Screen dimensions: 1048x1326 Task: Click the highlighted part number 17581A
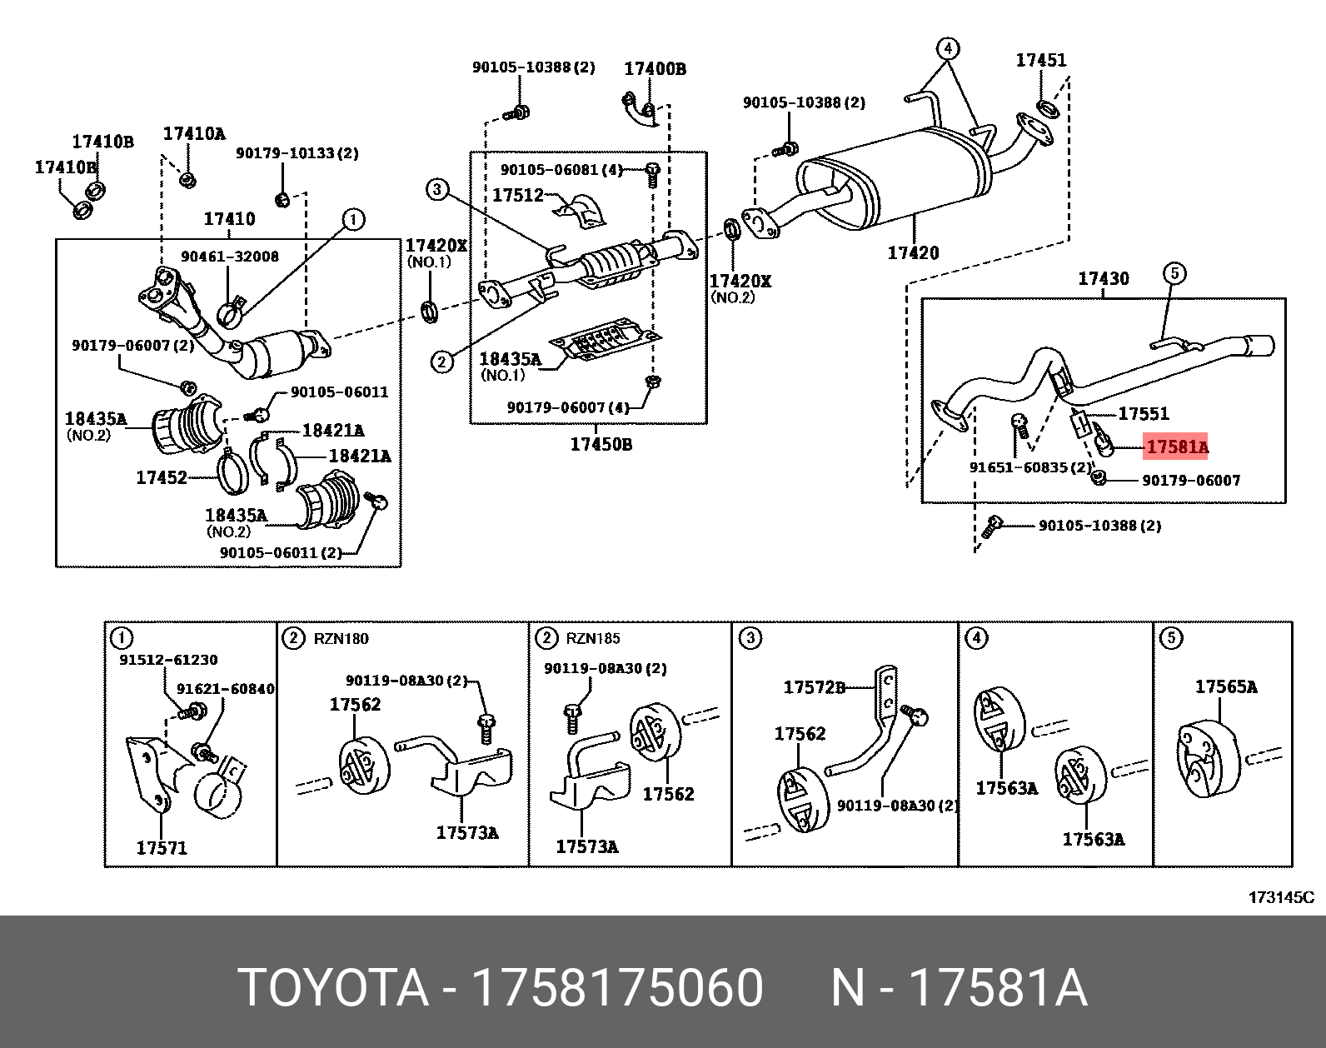pos(1176,448)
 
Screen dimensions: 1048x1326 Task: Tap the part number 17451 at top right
pos(1040,60)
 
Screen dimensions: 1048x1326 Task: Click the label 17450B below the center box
pos(601,445)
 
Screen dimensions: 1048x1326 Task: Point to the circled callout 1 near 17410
pos(352,220)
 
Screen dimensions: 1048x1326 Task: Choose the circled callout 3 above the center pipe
pos(439,190)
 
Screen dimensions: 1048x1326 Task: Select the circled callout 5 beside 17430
pos(1173,272)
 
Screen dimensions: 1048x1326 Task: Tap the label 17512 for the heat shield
pos(517,196)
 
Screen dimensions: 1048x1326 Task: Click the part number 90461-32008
pos(230,257)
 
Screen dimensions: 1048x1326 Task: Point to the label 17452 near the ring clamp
pos(161,478)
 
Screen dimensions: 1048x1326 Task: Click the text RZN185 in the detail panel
pos(594,639)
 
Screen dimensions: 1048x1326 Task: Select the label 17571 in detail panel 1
pos(162,848)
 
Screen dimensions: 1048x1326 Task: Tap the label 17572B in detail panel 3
pos(814,687)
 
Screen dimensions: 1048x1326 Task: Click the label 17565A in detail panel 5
pos(1225,686)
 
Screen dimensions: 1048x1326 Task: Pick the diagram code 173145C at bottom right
pos(1280,897)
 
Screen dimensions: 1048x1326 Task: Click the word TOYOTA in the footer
pos(333,989)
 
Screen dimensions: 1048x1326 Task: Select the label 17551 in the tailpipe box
pos(1143,413)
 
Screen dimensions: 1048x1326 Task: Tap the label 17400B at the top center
pos(655,69)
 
